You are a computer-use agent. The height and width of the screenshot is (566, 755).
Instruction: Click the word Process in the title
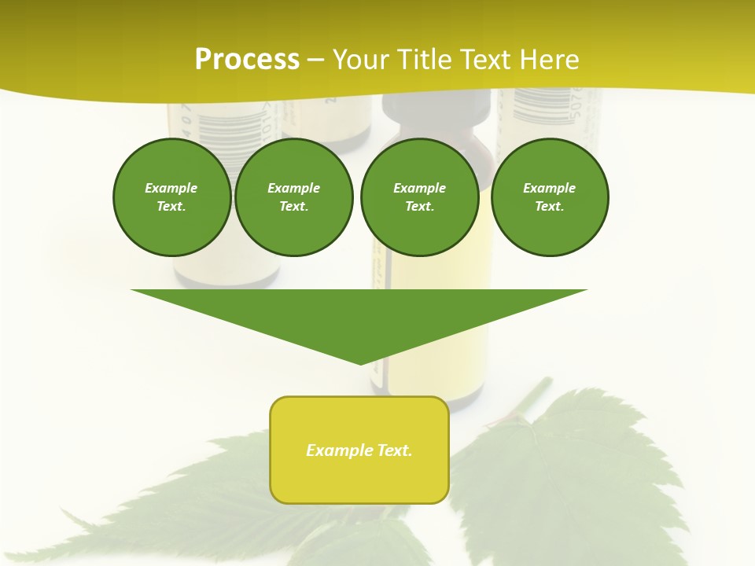pos(247,59)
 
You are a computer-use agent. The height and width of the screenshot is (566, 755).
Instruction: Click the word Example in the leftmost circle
pos(171,188)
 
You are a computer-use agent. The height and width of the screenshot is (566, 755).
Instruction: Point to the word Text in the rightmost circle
pos(549,206)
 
